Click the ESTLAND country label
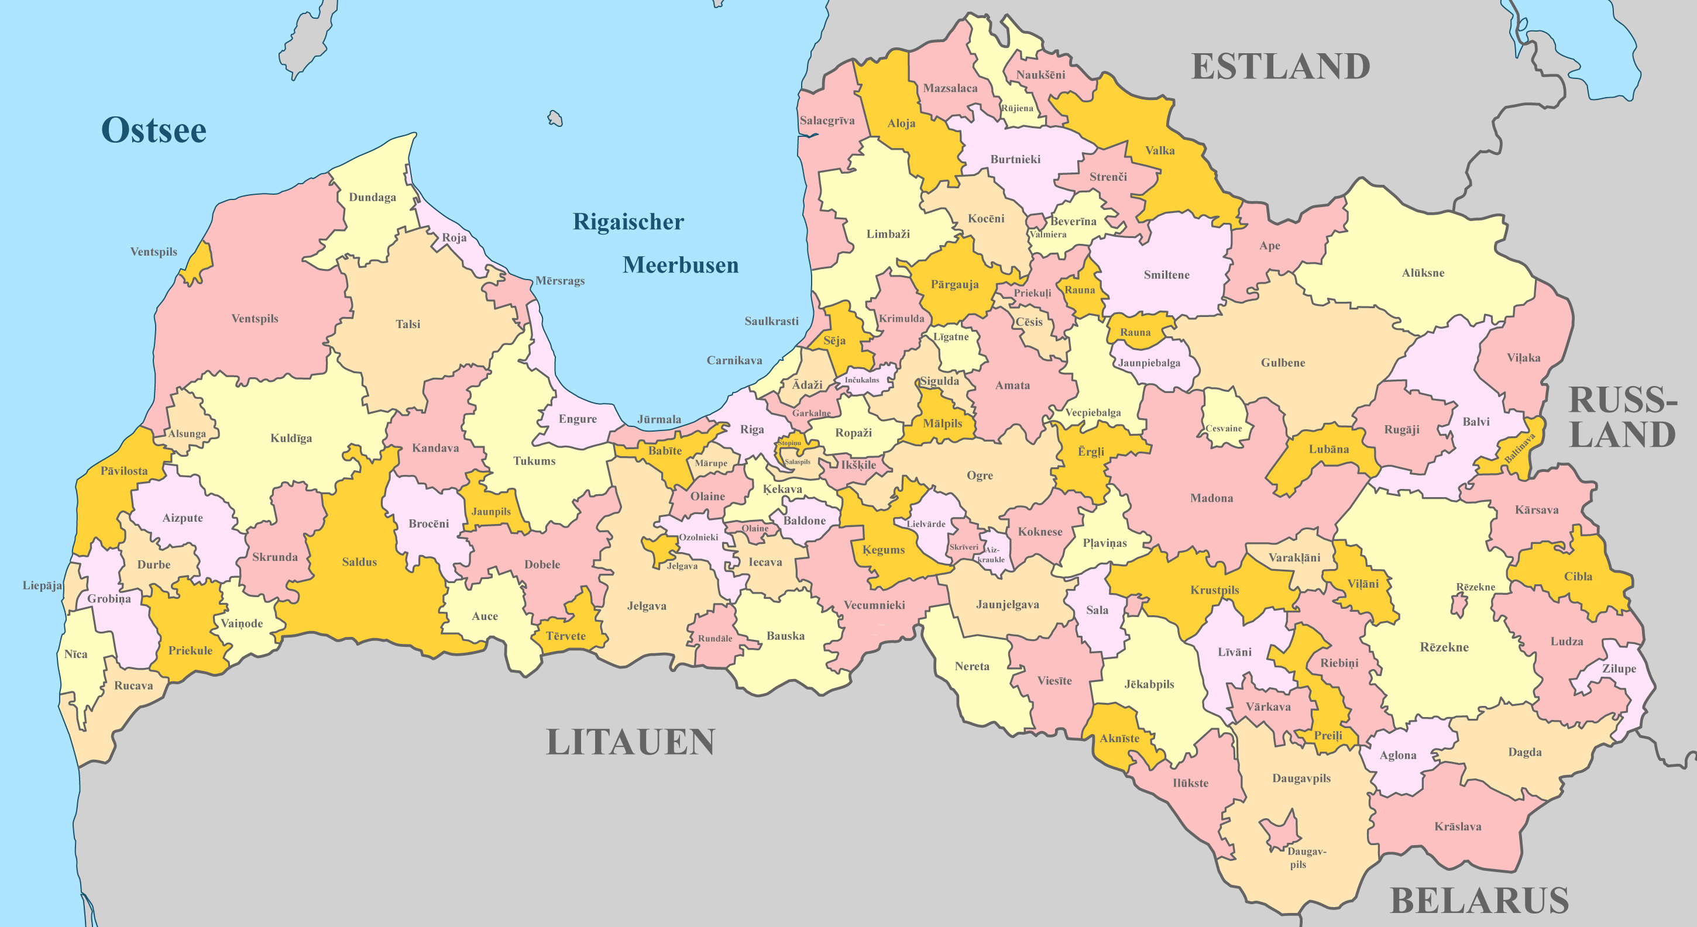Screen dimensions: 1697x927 click(x=1281, y=67)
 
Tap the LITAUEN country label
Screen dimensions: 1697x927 click(x=630, y=743)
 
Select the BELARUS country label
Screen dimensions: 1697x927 click(x=1479, y=901)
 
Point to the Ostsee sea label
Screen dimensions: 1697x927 click(x=153, y=130)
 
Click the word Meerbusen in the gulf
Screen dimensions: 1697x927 click(x=681, y=266)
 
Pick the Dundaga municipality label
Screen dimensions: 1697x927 click(x=372, y=198)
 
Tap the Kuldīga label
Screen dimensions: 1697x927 click(x=291, y=439)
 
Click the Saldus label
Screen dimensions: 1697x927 click(x=359, y=562)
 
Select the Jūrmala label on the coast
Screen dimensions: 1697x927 click(x=659, y=419)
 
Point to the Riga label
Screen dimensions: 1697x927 click(x=752, y=430)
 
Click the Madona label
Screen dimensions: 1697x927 click(x=1211, y=498)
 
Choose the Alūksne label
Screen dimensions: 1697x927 click(x=1423, y=273)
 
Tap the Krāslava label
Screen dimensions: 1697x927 click(x=1458, y=827)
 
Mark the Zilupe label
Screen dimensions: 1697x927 click(x=1619, y=669)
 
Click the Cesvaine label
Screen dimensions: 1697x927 click(x=1224, y=429)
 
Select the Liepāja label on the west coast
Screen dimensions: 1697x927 click(x=42, y=586)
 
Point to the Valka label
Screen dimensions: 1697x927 click(x=1159, y=151)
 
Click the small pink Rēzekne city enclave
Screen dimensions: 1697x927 click(x=1459, y=604)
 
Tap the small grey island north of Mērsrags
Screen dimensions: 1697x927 click(x=555, y=119)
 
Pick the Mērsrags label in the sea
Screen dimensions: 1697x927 click(x=559, y=281)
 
